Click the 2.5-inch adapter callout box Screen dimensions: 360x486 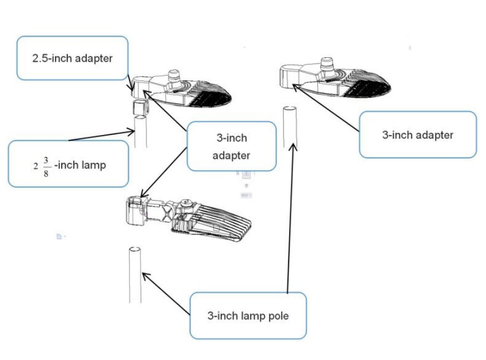(x=73, y=58)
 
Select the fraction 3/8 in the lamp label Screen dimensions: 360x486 (x=47, y=164)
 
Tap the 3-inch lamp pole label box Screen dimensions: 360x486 (x=248, y=316)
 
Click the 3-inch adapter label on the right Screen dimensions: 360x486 (x=418, y=134)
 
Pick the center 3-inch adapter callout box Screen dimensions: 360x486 (x=231, y=146)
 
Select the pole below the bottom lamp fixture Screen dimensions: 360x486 (x=135, y=275)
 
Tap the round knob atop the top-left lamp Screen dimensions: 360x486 (x=176, y=77)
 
